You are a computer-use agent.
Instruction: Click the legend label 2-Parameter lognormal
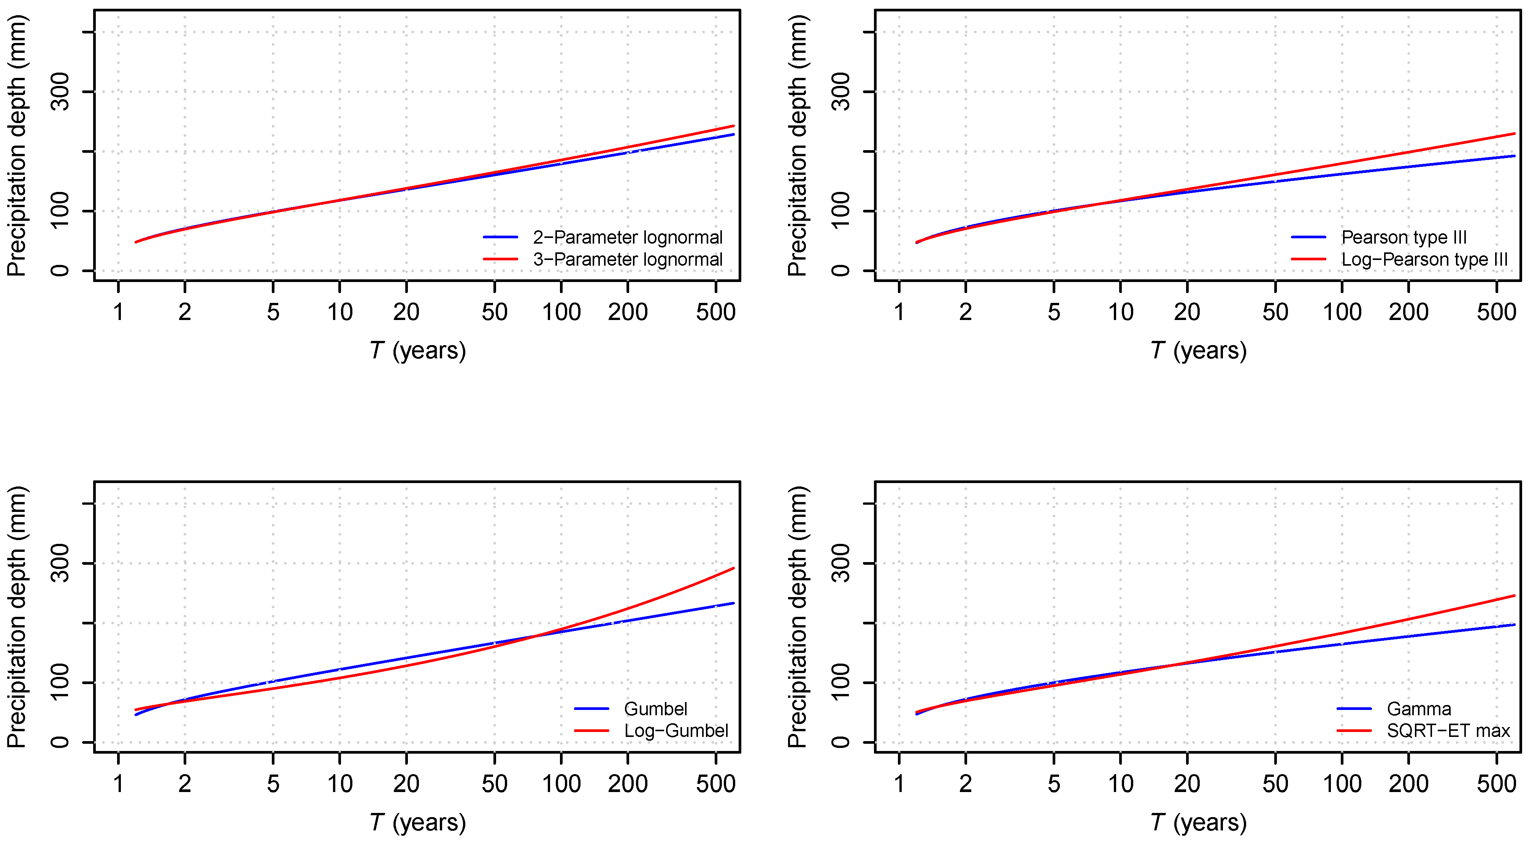627,237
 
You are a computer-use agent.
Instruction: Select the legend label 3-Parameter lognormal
627,259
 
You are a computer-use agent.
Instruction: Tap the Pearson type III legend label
1404,237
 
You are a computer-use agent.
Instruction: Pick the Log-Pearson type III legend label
1424,259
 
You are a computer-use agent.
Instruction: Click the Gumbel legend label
655,709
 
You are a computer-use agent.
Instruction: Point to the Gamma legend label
1419,709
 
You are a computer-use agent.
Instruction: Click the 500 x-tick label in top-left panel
715,312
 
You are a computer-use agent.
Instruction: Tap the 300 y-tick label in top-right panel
841,92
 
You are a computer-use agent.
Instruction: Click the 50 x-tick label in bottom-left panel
494,784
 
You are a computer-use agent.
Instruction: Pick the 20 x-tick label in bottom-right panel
1187,784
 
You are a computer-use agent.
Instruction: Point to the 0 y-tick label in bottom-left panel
60,742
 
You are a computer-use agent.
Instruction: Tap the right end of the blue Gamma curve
1514,624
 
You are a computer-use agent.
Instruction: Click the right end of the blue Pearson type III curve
1514,156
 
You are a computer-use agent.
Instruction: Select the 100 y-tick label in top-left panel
60,211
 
